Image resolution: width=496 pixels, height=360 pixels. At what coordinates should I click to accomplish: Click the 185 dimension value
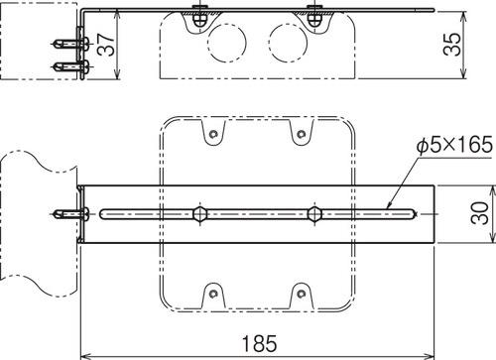tap(260, 344)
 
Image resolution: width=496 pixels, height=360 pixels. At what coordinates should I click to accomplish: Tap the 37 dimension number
tap(106, 45)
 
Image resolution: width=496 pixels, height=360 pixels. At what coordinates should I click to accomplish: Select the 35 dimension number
tap(452, 44)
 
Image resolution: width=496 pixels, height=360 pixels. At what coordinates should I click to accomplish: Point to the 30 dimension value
tap(479, 213)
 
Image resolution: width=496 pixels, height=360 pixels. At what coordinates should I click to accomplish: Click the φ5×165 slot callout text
tap(454, 146)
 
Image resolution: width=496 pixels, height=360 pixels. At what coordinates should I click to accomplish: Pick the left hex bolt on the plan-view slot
tap(200, 214)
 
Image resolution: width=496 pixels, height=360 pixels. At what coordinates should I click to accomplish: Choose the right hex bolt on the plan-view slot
tap(314, 214)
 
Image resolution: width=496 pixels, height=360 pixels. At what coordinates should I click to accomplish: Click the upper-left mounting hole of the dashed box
tap(213, 134)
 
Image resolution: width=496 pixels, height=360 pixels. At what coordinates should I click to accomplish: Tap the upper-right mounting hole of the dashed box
tap(301, 134)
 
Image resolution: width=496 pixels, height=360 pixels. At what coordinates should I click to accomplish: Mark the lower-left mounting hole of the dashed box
tap(213, 294)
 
